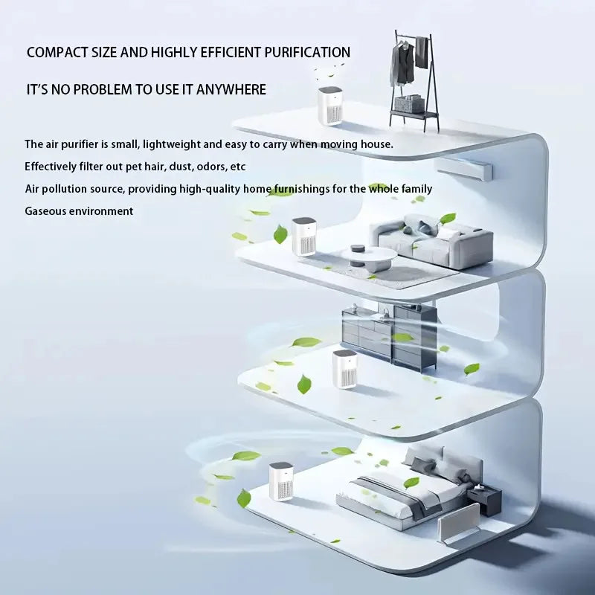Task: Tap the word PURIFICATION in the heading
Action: [306, 53]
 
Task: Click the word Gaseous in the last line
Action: [47, 211]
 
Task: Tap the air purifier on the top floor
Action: [329, 106]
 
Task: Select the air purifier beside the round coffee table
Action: [303, 237]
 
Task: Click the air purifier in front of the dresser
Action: [345, 369]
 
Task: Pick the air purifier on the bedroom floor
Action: [280, 481]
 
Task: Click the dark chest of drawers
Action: [390, 335]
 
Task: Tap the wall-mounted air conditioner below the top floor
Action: [464, 169]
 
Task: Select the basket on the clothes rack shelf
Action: [409, 104]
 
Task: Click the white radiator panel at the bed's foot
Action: [459, 524]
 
